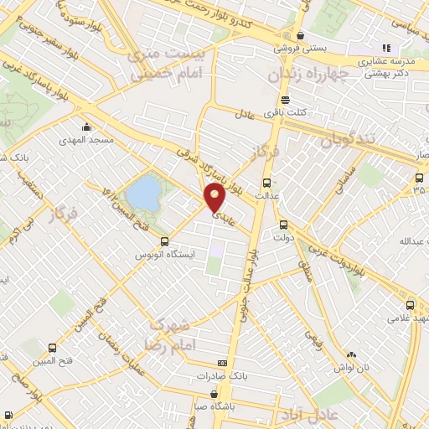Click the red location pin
tap(215, 198)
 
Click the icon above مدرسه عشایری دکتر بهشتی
tap(386, 49)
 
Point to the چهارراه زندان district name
tap(307, 75)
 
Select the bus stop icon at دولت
tap(282, 224)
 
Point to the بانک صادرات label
tap(220, 376)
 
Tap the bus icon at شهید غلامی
tap(410, 305)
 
